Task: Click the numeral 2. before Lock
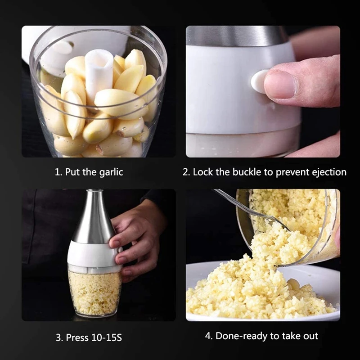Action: click(186, 172)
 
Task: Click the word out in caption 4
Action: click(311, 336)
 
